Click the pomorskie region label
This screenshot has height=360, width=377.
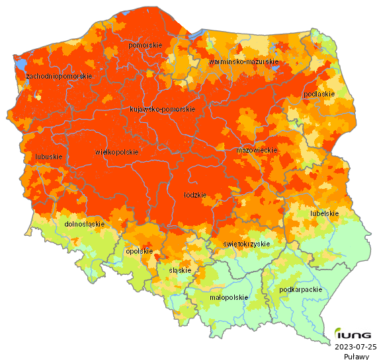(145, 45)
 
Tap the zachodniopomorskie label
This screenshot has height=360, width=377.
(58, 77)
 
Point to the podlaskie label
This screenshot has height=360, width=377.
(319, 94)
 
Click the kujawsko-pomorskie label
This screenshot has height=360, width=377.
(161, 109)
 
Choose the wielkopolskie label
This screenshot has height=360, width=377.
(116, 152)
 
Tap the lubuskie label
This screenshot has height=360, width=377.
(48, 157)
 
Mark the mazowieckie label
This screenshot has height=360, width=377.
(256, 151)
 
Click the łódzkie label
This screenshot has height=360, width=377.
(195, 196)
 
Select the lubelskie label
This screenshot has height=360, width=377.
(324, 213)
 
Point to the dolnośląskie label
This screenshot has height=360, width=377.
(85, 224)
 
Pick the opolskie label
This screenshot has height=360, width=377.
(139, 251)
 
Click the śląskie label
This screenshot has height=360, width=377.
(180, 270)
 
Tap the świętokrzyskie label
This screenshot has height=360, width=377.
(247, 244)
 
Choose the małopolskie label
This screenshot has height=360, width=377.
(228, 297)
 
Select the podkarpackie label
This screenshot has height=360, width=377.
(301, 289)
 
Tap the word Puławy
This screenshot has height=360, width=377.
(356, 356)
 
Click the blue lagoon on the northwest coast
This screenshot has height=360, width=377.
(21, 65)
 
